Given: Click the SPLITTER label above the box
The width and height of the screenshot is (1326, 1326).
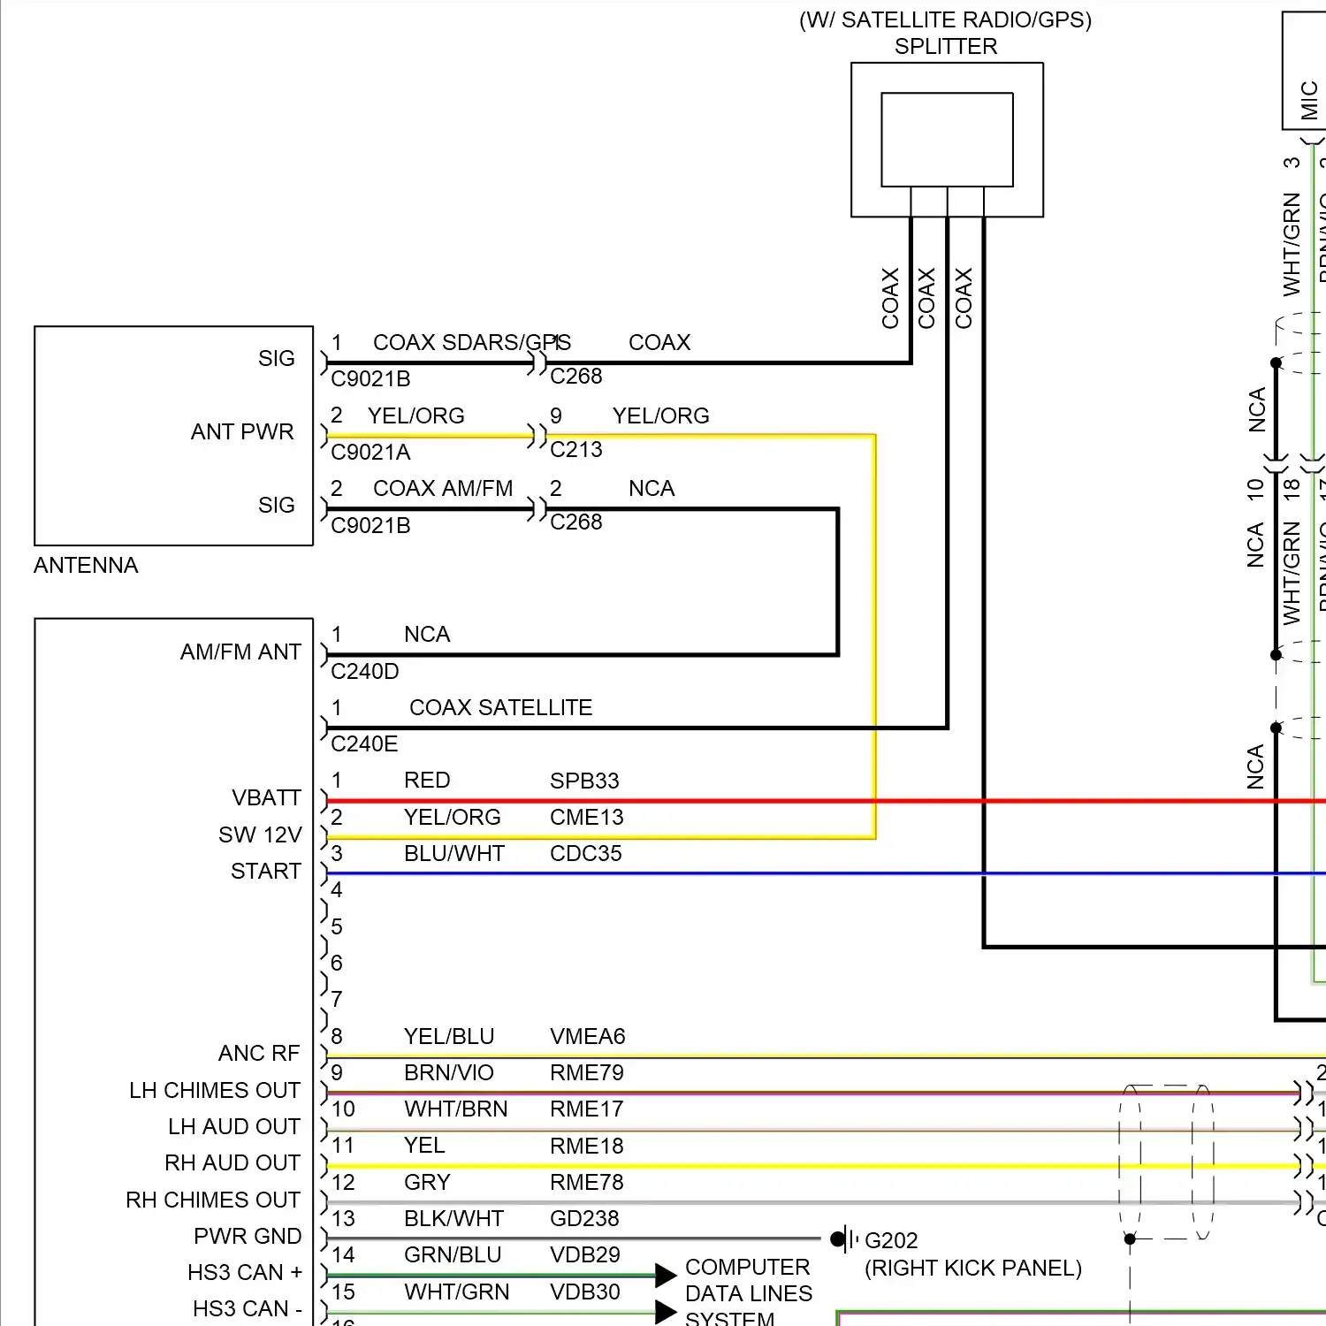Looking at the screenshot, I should click(x=945, y=47).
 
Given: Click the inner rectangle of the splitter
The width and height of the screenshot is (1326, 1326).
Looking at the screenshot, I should click(x=947, y=140).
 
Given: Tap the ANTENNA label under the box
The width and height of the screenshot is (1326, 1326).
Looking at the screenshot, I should click(x=86, y=566).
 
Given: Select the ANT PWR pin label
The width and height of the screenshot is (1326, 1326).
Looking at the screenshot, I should click(x=242, y=432).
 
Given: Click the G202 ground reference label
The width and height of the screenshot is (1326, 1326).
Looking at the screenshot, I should click(x=891, y=1241).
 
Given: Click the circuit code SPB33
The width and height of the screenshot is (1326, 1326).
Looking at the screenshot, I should click(x=584, y=781).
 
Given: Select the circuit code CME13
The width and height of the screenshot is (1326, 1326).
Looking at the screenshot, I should click(x=586, y=818).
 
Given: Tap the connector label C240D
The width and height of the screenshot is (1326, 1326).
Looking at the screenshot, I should click(x=364, y=672).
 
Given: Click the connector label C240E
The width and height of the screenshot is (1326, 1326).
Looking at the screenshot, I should click(x=364, y=744).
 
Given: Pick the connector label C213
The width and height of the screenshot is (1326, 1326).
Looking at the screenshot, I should click(x=575, y=450).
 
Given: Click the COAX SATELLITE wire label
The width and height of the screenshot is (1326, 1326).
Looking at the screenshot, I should click(x=500, y=708).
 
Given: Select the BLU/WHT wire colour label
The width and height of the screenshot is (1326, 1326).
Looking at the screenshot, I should click(x=453, y=854).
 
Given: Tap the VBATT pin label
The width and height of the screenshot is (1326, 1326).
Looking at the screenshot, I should click(x=266, y=798).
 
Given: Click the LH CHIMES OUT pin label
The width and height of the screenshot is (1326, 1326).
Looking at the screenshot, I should click(x=215, y=1091).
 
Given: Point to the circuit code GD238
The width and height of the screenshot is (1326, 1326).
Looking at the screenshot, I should click(x=584, y=1219).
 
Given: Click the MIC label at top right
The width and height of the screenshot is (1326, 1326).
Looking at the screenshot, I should click(x=1309, y=100).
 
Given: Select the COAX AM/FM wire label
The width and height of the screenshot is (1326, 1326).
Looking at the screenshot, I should click(x=443, y=489).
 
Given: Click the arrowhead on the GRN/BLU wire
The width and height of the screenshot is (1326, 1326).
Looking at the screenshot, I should click(x=666, y=1276).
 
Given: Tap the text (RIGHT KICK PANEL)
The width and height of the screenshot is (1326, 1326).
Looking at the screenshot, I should click(x=972, y=1269).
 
